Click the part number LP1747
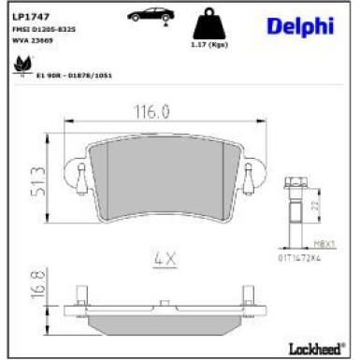click(28, 18)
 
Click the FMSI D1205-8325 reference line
click(44, 31)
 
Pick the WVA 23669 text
click(34, 40)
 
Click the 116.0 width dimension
click(155, 111)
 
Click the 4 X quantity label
click(166, 256)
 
